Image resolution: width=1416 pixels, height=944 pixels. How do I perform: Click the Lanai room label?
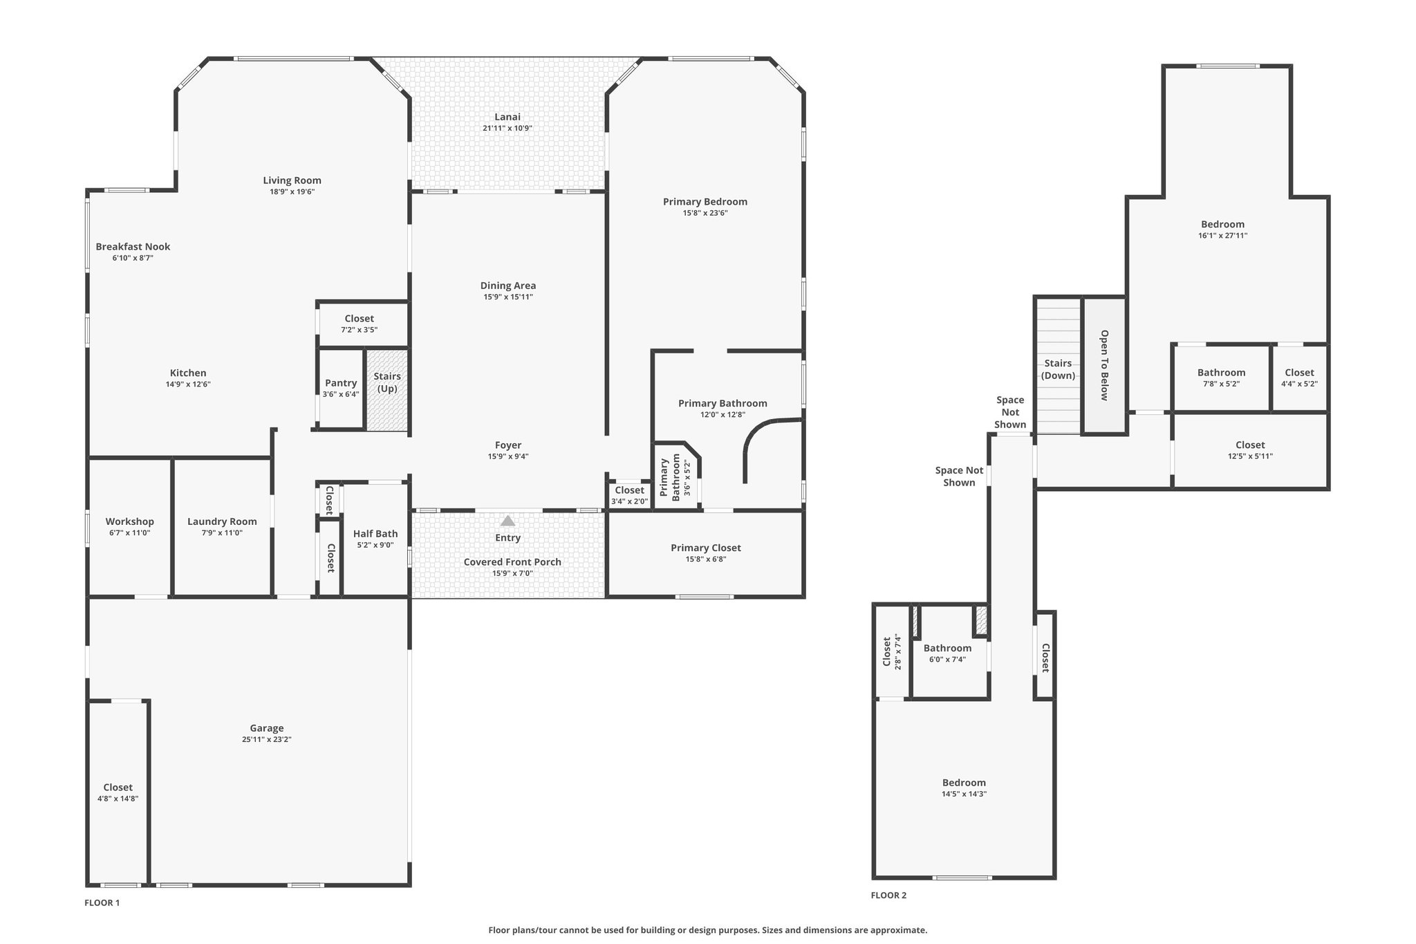507,117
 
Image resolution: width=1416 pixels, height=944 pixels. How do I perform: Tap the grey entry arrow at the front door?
507,521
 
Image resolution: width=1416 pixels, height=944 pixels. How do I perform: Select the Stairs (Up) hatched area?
387,391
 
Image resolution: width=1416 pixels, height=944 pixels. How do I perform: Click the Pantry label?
341,383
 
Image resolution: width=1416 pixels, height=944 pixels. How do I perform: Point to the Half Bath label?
375,533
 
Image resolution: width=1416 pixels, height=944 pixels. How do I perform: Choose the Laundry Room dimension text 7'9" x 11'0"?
222,533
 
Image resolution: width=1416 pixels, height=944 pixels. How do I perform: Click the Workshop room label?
130,521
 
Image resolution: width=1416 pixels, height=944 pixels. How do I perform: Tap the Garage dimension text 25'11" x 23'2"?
267,739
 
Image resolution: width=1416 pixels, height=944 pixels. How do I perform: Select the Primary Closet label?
706,548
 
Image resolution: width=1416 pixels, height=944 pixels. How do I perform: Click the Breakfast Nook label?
133,246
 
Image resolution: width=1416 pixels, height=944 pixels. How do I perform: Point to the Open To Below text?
1104,365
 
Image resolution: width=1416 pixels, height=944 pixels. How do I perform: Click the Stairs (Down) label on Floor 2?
1058,369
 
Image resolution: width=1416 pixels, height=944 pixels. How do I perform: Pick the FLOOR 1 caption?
102,903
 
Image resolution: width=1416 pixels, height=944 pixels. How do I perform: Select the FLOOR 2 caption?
888,895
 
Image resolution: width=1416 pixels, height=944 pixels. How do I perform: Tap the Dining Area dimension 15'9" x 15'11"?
508,297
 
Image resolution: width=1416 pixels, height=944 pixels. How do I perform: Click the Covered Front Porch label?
512,562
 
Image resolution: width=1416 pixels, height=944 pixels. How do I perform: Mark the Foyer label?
508,445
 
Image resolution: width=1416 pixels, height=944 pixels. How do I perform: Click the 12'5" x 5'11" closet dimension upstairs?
1250,456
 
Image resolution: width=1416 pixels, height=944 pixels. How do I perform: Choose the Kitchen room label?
188,373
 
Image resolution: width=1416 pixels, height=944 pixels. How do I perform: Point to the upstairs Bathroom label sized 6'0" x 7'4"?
947,648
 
